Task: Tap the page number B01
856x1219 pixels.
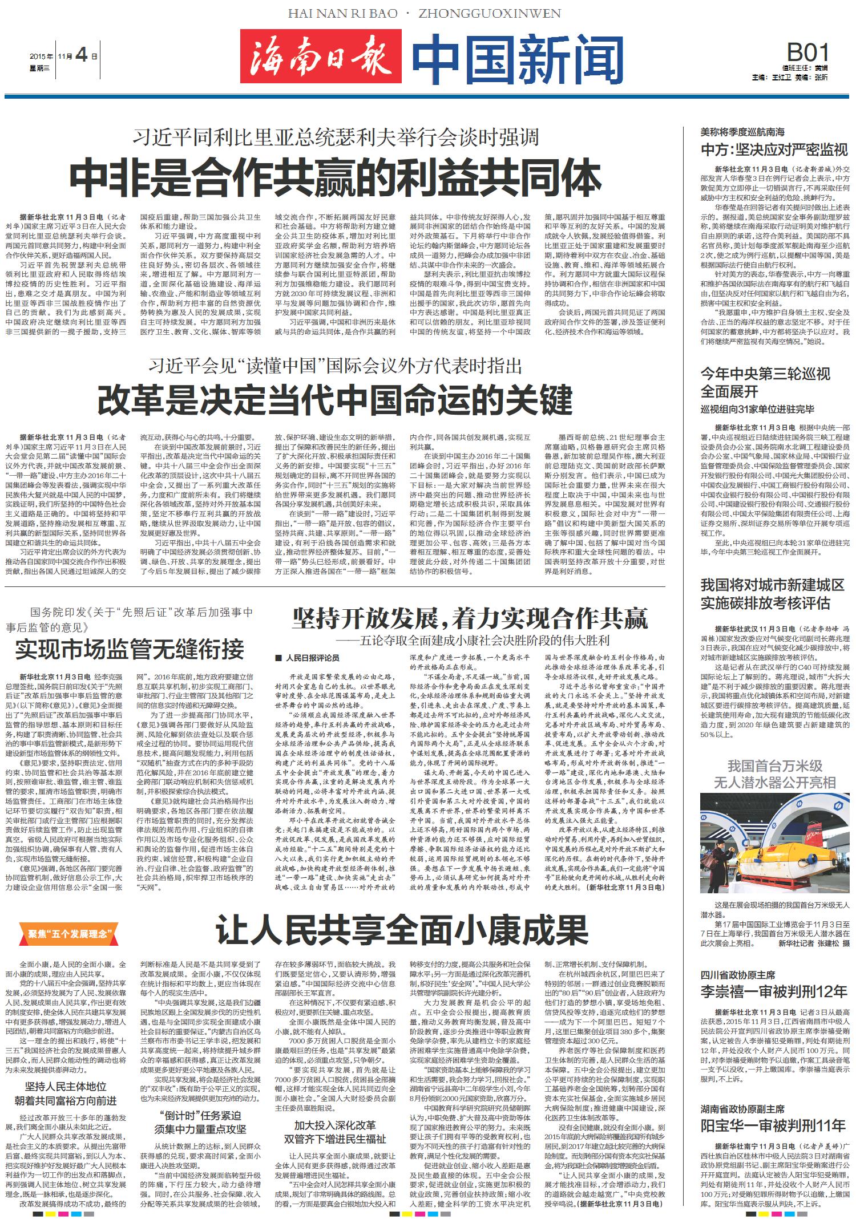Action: [807, 53]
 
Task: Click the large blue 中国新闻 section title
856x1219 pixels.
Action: [518, 60]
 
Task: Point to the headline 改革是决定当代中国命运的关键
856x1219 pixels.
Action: [334, 400]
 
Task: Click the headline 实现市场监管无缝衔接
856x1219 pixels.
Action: [130, 649]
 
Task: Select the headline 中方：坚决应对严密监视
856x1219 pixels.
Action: [774, 150]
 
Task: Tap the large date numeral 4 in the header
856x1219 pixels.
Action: [82, 55]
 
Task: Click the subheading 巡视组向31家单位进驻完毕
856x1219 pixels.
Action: [757, 409]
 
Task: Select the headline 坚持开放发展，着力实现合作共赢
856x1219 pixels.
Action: [470, 618]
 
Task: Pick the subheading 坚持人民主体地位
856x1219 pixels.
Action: [66, 1087]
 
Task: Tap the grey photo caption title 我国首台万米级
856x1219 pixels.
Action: [774, 766]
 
